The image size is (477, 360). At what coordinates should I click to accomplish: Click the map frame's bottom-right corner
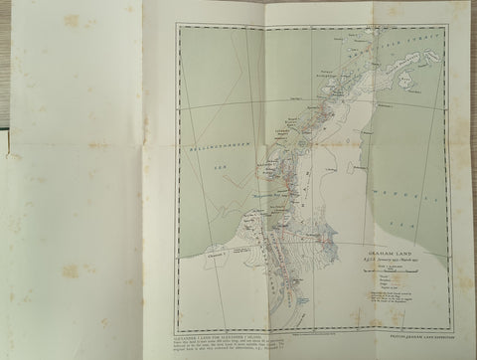[x=453, y=333]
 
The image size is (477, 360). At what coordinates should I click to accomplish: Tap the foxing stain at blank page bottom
[x=70, y=270]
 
